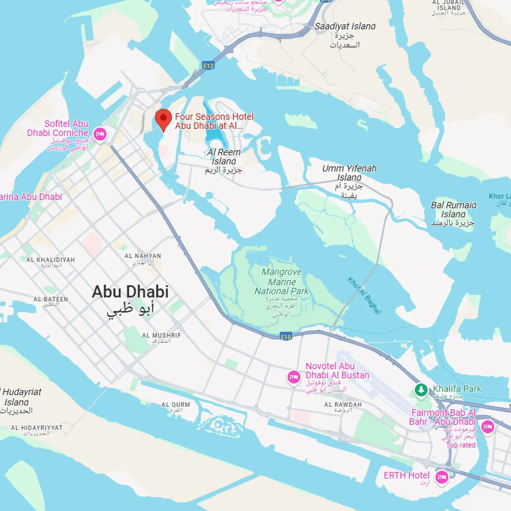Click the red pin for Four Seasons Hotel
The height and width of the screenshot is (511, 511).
click(163, 119)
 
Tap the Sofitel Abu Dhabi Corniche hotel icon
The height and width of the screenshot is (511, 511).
click(100, 134)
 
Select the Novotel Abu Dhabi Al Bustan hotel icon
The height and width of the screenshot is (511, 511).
click(294, 377)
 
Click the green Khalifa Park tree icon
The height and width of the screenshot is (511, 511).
click(421, 389)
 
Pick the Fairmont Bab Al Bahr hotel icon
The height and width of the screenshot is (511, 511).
click(488, 427)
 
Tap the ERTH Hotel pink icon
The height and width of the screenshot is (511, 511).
click(442, 477)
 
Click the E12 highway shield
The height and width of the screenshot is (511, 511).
click(208, 66)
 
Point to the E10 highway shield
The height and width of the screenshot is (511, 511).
click(286, 337)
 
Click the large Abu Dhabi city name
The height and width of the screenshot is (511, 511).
click(130, 292)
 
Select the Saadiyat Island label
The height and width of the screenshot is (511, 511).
click(345, 26)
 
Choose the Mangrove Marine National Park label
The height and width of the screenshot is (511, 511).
click(282, 282)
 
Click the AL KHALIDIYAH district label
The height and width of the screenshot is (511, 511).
click(51, 260)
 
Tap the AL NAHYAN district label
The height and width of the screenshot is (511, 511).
click(143, 256)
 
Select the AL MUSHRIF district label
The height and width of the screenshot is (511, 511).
click(162, 336)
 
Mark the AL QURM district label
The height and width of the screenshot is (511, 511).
click(176, 405)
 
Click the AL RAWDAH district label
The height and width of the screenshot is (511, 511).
click(343, 405)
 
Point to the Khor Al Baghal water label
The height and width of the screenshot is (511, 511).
click(365, 296)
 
